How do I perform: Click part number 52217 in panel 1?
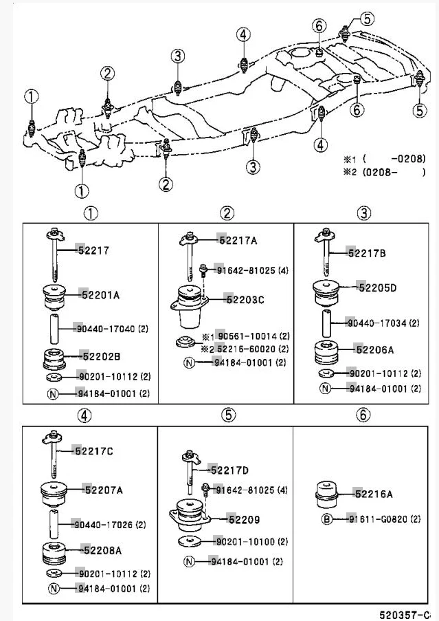[x=93, y=250]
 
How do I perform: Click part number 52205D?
[x=377, y=287]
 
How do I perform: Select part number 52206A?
[x=375, y=350]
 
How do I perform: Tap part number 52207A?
[x=104, y=490]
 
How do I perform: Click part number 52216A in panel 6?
[x=374, y=494]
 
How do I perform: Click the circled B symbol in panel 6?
[x=327, y=519]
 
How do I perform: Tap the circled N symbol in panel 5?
[x=190, y=561]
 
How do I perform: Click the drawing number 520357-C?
[x=404, y=615]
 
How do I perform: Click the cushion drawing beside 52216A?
[x=327, y=494]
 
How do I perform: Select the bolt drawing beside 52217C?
[x=53, y=454]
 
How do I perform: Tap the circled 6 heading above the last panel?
[x=363, y=415]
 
